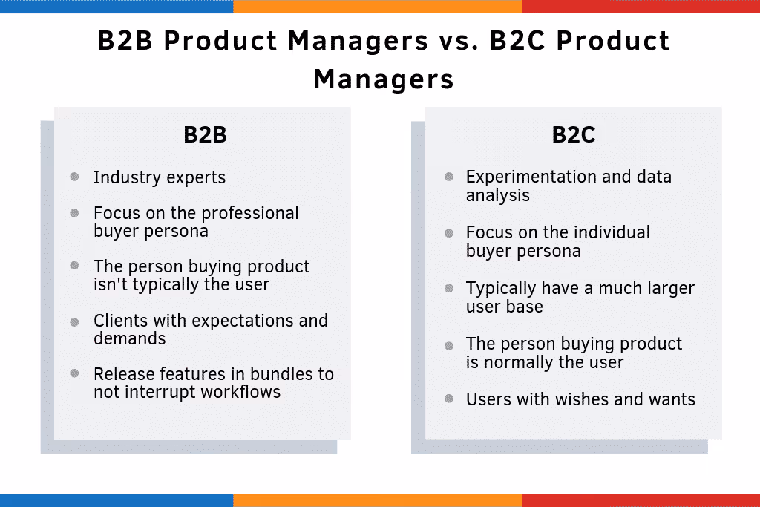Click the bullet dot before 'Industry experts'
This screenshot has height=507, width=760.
[x=74, y=177]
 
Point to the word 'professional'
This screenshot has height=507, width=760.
[x=252, y=214]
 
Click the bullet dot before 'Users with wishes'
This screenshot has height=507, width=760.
[x=449, y=399]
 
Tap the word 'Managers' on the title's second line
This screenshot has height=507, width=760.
[x=383, y=79]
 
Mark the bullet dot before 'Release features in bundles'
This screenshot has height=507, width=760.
[x=74, y=373]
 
